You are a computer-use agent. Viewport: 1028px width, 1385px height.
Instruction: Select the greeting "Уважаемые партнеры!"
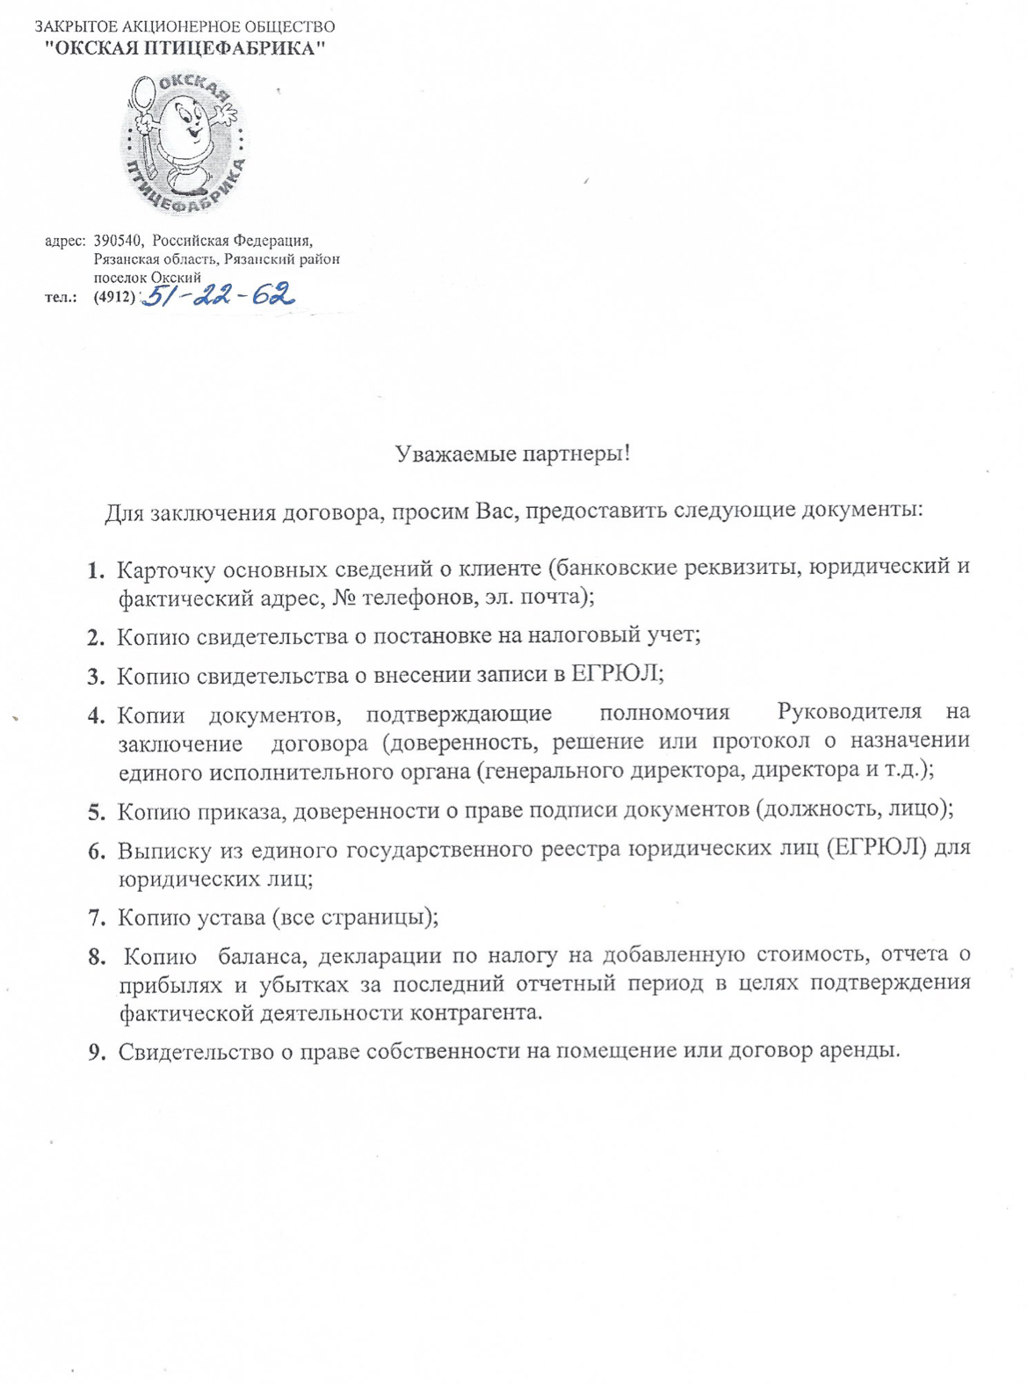(x=513, y=454)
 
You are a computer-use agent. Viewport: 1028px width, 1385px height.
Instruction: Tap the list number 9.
(x=96, y=1052)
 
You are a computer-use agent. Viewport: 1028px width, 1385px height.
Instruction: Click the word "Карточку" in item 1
(x=164, y=569)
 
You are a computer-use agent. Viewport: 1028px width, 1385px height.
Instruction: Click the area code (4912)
(x=114, y=297)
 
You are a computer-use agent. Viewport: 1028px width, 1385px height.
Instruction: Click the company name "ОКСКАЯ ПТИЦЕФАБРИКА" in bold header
(x=185, y=49)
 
